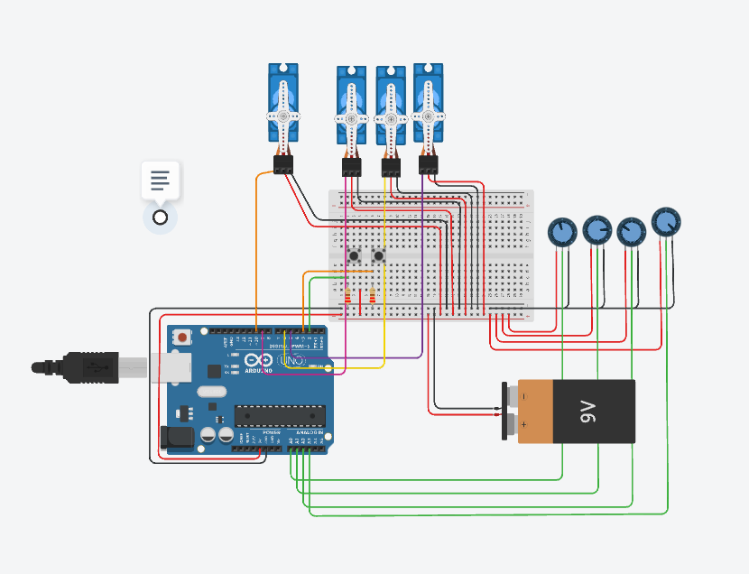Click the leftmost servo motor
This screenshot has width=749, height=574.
coord(283,104)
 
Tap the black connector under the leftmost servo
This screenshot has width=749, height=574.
coord(283,164)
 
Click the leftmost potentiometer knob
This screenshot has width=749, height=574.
coord(562,231)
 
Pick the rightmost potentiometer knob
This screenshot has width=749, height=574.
coord(666,221)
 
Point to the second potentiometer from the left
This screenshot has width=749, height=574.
coord(596,229)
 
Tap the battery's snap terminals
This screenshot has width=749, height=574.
coord(513,411)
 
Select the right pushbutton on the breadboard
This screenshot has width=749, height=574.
coord(379,257)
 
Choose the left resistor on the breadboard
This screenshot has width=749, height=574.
coord(348,295)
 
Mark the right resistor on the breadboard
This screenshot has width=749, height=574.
coord(373,295)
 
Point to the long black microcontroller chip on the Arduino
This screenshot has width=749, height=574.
coord(279,415)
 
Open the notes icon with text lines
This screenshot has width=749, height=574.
coord(160,180)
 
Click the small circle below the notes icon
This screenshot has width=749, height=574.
coord(160,218)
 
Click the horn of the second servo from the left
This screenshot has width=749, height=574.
coord(351,118)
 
